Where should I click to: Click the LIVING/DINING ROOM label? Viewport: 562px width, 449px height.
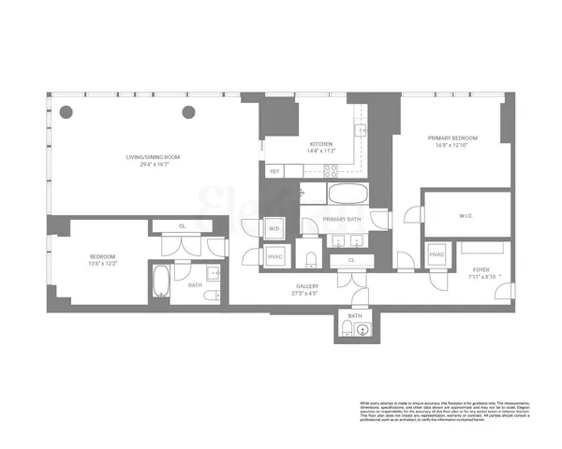[x=154, y=156]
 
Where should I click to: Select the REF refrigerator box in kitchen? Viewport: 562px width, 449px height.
[x=275, y=171]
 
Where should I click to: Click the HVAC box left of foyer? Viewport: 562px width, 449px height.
[x=437, y=255]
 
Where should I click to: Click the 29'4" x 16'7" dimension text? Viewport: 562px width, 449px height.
[x=154, y=164]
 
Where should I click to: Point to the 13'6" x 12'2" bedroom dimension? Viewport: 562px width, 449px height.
[x=103, y=263]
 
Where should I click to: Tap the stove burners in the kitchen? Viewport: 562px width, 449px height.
[x=331, y=170]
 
